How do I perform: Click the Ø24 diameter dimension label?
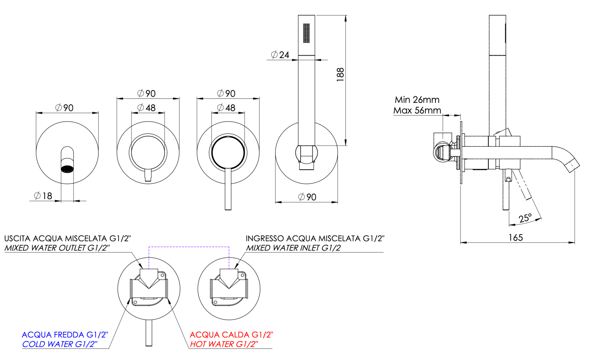point(280,55)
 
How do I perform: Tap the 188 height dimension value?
point(340,74)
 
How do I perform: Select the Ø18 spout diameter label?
point(43,196)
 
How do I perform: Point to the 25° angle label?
point(525,218)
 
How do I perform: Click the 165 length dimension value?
point(515,238)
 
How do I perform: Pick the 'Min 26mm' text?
point(417,100)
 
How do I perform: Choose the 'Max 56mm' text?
point(417,110)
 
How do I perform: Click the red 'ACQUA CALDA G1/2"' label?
point(231,335)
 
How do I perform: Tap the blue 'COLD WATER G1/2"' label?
point(60,344)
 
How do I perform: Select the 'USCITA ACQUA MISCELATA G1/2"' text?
point(67,239)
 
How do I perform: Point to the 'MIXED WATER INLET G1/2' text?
point(293,248)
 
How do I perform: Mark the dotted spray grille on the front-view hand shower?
point(306,33)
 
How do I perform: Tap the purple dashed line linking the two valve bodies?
point(189,247)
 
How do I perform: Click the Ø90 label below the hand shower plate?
point(307,197)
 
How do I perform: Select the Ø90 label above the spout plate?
point(64,108)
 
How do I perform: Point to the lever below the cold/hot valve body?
point(149,333)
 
